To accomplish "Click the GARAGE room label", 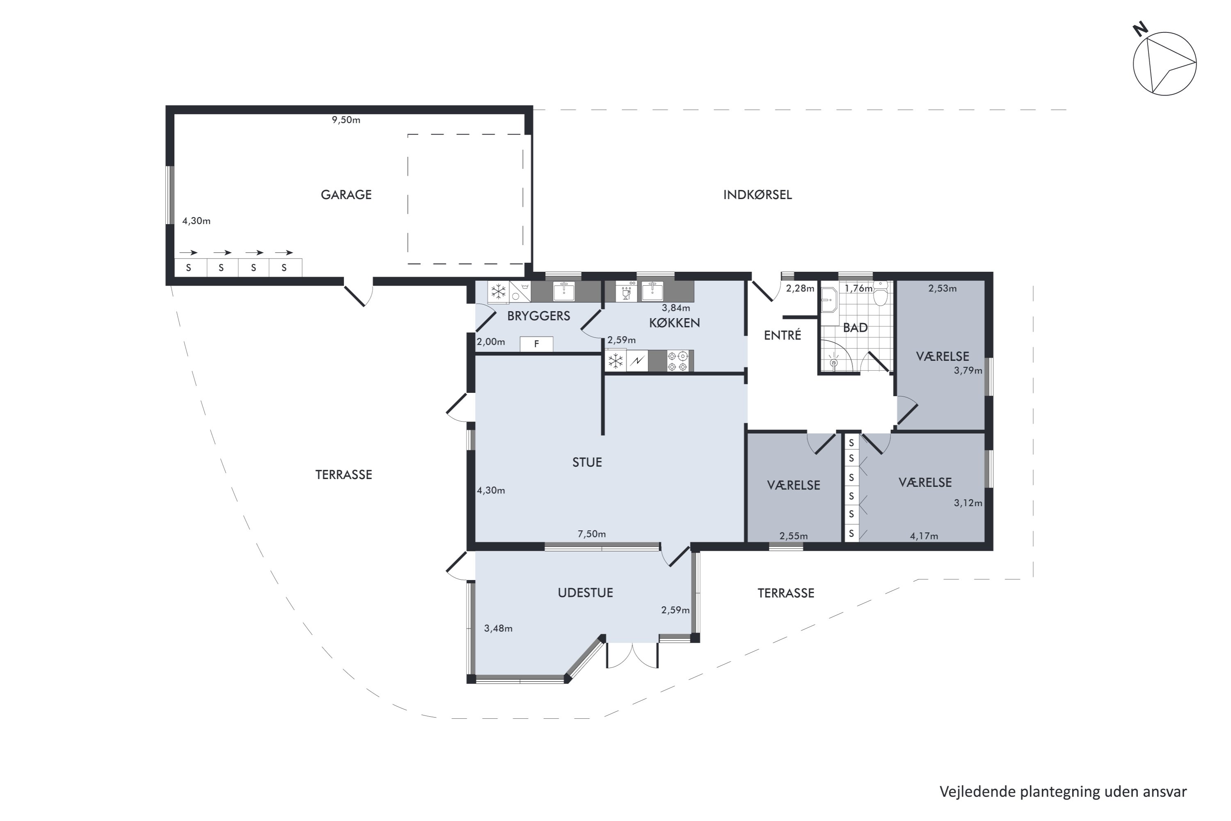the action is click(346, 195).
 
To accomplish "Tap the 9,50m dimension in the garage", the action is click(346, 120).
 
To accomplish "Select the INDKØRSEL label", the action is click(757, 195).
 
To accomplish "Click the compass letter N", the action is click(1140, 29).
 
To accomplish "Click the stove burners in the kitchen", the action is click(678, 361).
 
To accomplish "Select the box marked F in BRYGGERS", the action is click(536, 344).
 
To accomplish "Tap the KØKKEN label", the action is click(674, 323).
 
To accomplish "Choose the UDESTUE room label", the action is click(585, 593).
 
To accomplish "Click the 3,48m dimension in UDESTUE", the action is click(498, 628).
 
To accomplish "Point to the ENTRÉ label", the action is click(783, 335).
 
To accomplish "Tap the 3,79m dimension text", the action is click(968, 371).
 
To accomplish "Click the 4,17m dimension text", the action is click(924, 536).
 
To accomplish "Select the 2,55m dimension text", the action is click(794, 536).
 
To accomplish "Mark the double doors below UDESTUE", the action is click(632, 655).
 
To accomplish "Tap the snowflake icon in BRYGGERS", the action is click(498, 291).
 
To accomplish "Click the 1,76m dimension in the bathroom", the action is click(858, 289).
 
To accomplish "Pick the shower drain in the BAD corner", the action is click(834, 361).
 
